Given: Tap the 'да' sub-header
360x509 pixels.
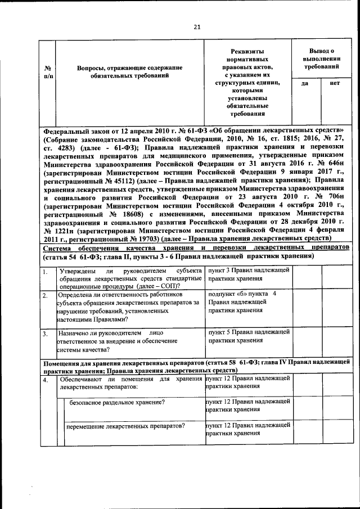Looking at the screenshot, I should (x=304, y=83).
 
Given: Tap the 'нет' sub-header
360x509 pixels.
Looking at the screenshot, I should (x=335, y=83).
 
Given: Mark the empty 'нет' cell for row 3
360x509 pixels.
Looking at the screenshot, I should (x=337, y=342).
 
